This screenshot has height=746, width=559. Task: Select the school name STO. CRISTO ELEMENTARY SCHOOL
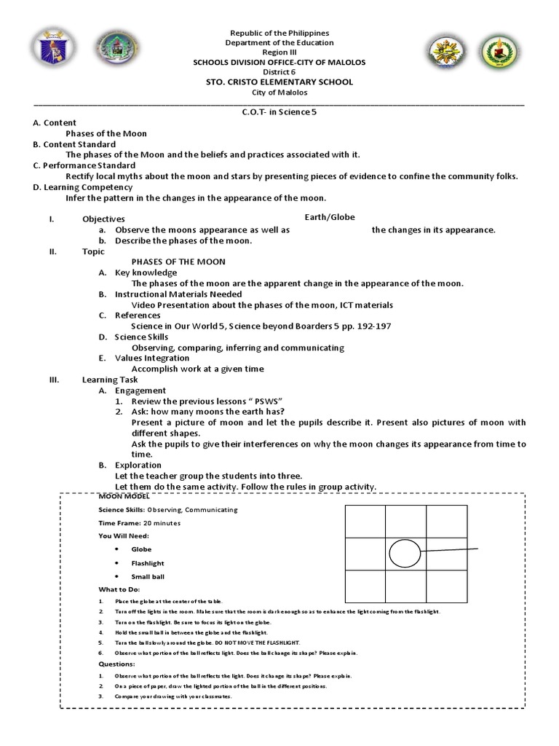(x=279, y=82)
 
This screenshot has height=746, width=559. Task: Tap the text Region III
(x=279, y=53)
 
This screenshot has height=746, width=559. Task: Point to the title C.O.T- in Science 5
(x=279, y=112)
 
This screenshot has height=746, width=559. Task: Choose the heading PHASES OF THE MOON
(x=178, y=262)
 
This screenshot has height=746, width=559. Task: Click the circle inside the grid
(x=405, y=553)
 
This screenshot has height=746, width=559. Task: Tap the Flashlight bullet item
(x=148, y=563)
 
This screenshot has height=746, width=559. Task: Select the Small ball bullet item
(x=148, y=577)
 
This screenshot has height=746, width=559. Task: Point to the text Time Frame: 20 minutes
(x=140, y=523)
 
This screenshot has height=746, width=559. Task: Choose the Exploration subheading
(x=138, y=466)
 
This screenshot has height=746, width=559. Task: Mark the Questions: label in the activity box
(x=116, y=664)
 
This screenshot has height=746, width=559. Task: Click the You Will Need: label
(x=124, y=536)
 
